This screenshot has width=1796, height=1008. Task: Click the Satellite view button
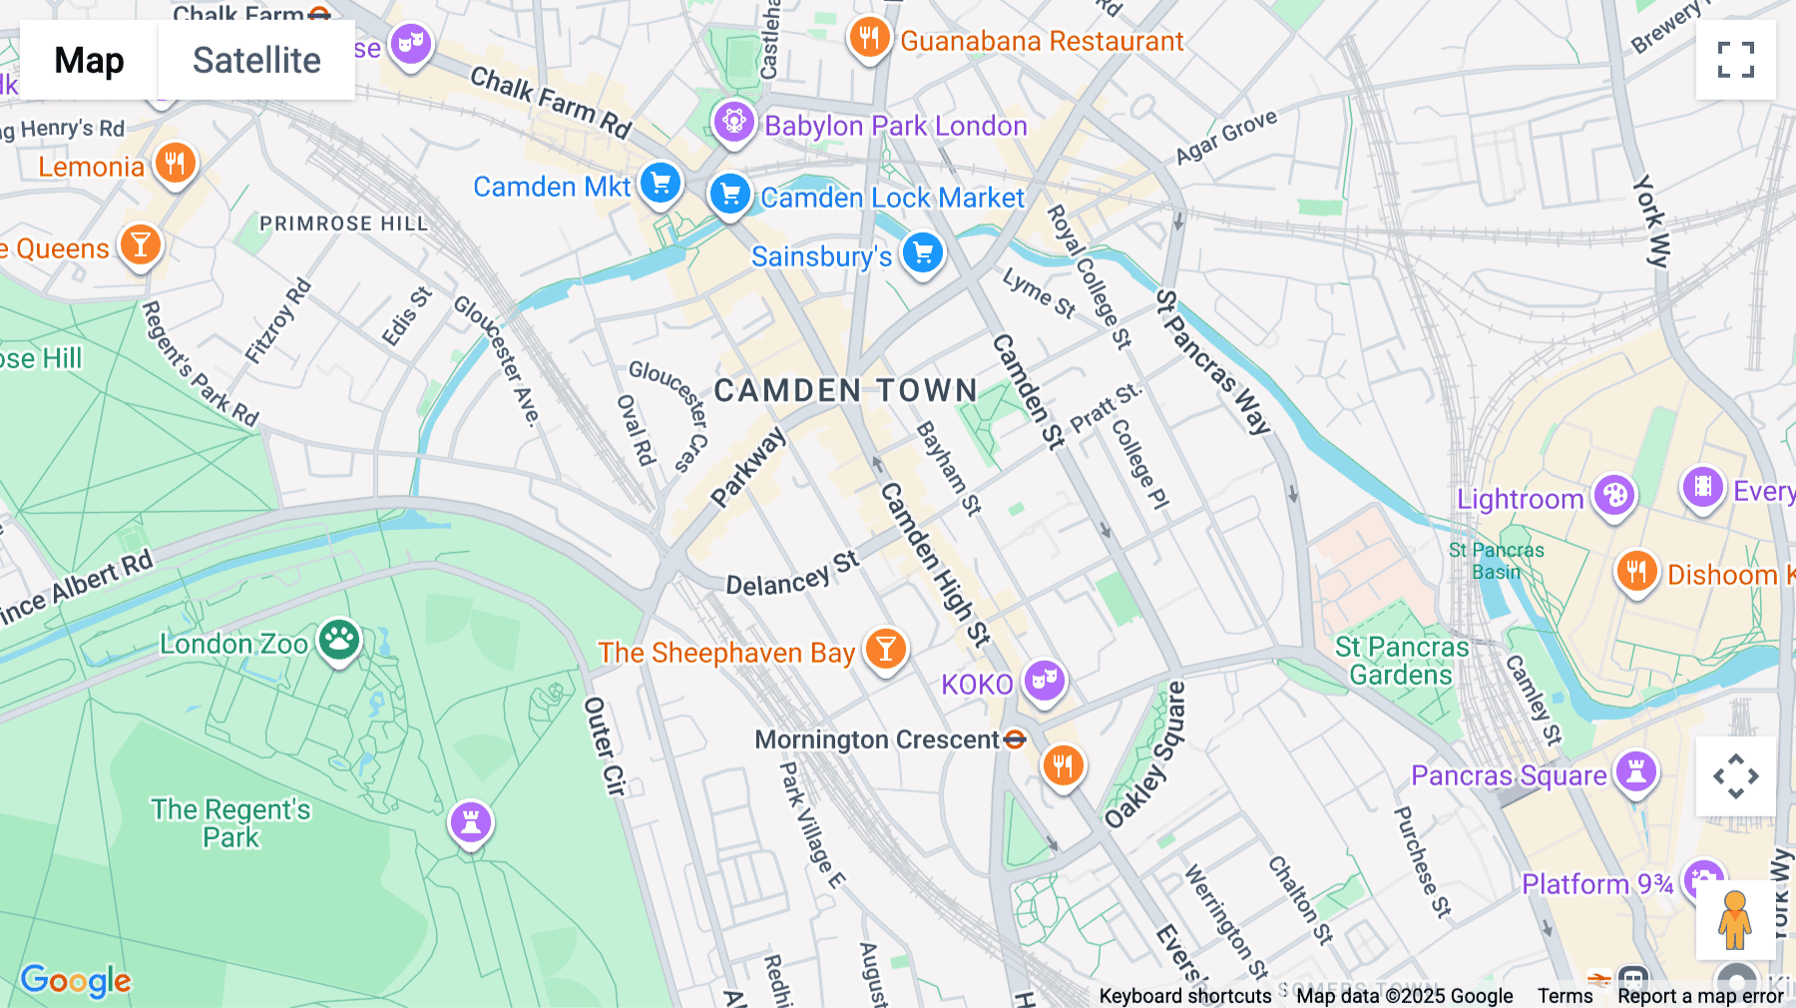pos(256,61)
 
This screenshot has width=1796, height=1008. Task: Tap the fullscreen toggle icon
pos(1735,60)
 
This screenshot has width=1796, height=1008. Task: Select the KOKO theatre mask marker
pos(1044,681)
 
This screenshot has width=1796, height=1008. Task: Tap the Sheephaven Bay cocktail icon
pos(885,649)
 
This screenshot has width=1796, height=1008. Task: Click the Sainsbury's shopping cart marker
pos(922,252)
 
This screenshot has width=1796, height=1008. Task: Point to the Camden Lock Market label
pos(892,198)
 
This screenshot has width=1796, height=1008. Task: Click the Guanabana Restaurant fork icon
pos(869,38)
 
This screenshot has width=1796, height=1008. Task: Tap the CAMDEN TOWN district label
pos(846,390)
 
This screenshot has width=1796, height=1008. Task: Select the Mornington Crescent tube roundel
pos(1015,740)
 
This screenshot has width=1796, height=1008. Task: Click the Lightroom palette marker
pos(1613,495)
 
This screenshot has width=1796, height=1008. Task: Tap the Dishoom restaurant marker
pos(1636,572)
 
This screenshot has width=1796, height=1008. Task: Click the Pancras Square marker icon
pos(1636,771)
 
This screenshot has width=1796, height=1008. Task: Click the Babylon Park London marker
pos(734,122)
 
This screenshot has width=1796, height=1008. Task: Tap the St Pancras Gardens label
pos(1402,661)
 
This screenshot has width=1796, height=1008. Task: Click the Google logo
pos(76,980)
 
